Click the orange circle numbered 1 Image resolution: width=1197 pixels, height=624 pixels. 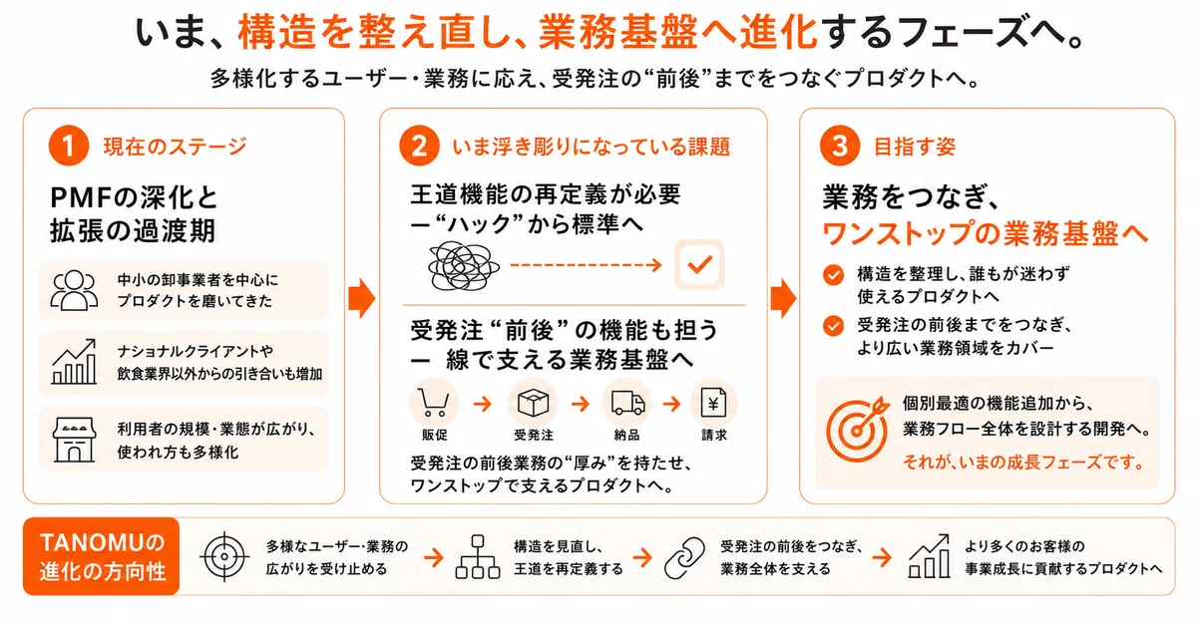tap(69, 146)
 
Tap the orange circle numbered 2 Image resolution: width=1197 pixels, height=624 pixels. tap(420, 146)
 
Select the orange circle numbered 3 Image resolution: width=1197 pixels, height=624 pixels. tap(840, 146)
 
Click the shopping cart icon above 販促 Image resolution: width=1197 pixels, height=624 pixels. tap(433, 403)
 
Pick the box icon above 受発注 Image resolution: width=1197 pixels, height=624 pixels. tap(533, 402)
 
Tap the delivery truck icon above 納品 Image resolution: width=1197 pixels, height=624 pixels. tap(627, 403)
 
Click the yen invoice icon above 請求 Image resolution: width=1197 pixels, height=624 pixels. tap(713, 403)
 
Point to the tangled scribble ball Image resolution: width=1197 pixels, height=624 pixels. tap(463, 266)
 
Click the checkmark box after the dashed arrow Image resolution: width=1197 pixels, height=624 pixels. tap(699, 265)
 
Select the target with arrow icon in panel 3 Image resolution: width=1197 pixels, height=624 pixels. tap(857, 429)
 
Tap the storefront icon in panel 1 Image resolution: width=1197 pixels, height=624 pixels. tap(74, 440)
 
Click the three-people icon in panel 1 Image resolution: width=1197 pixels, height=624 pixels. tap(74, 290)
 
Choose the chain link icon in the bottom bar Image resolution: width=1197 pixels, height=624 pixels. tap(684, 558)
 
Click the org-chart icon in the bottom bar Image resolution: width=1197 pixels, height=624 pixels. tap(478, 557)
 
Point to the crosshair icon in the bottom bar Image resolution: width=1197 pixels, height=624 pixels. tap(224, 557)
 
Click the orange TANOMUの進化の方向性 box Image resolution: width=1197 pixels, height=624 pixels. tap(101, 556)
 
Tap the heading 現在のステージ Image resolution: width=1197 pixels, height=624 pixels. tap(175, 147)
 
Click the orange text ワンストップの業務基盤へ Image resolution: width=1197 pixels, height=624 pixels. tap(985, 233)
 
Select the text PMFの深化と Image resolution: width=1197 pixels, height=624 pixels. tap(134, 197)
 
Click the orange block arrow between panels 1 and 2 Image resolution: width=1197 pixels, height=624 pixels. tap(362, 298)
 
